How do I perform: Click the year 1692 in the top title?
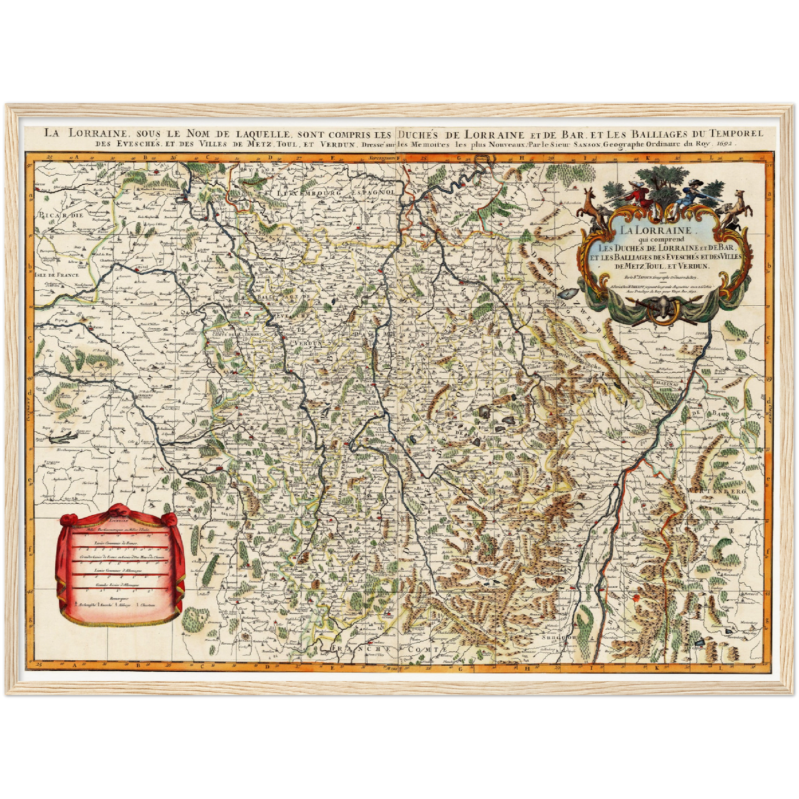(728, 143)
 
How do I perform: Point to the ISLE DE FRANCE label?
(56, 274)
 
